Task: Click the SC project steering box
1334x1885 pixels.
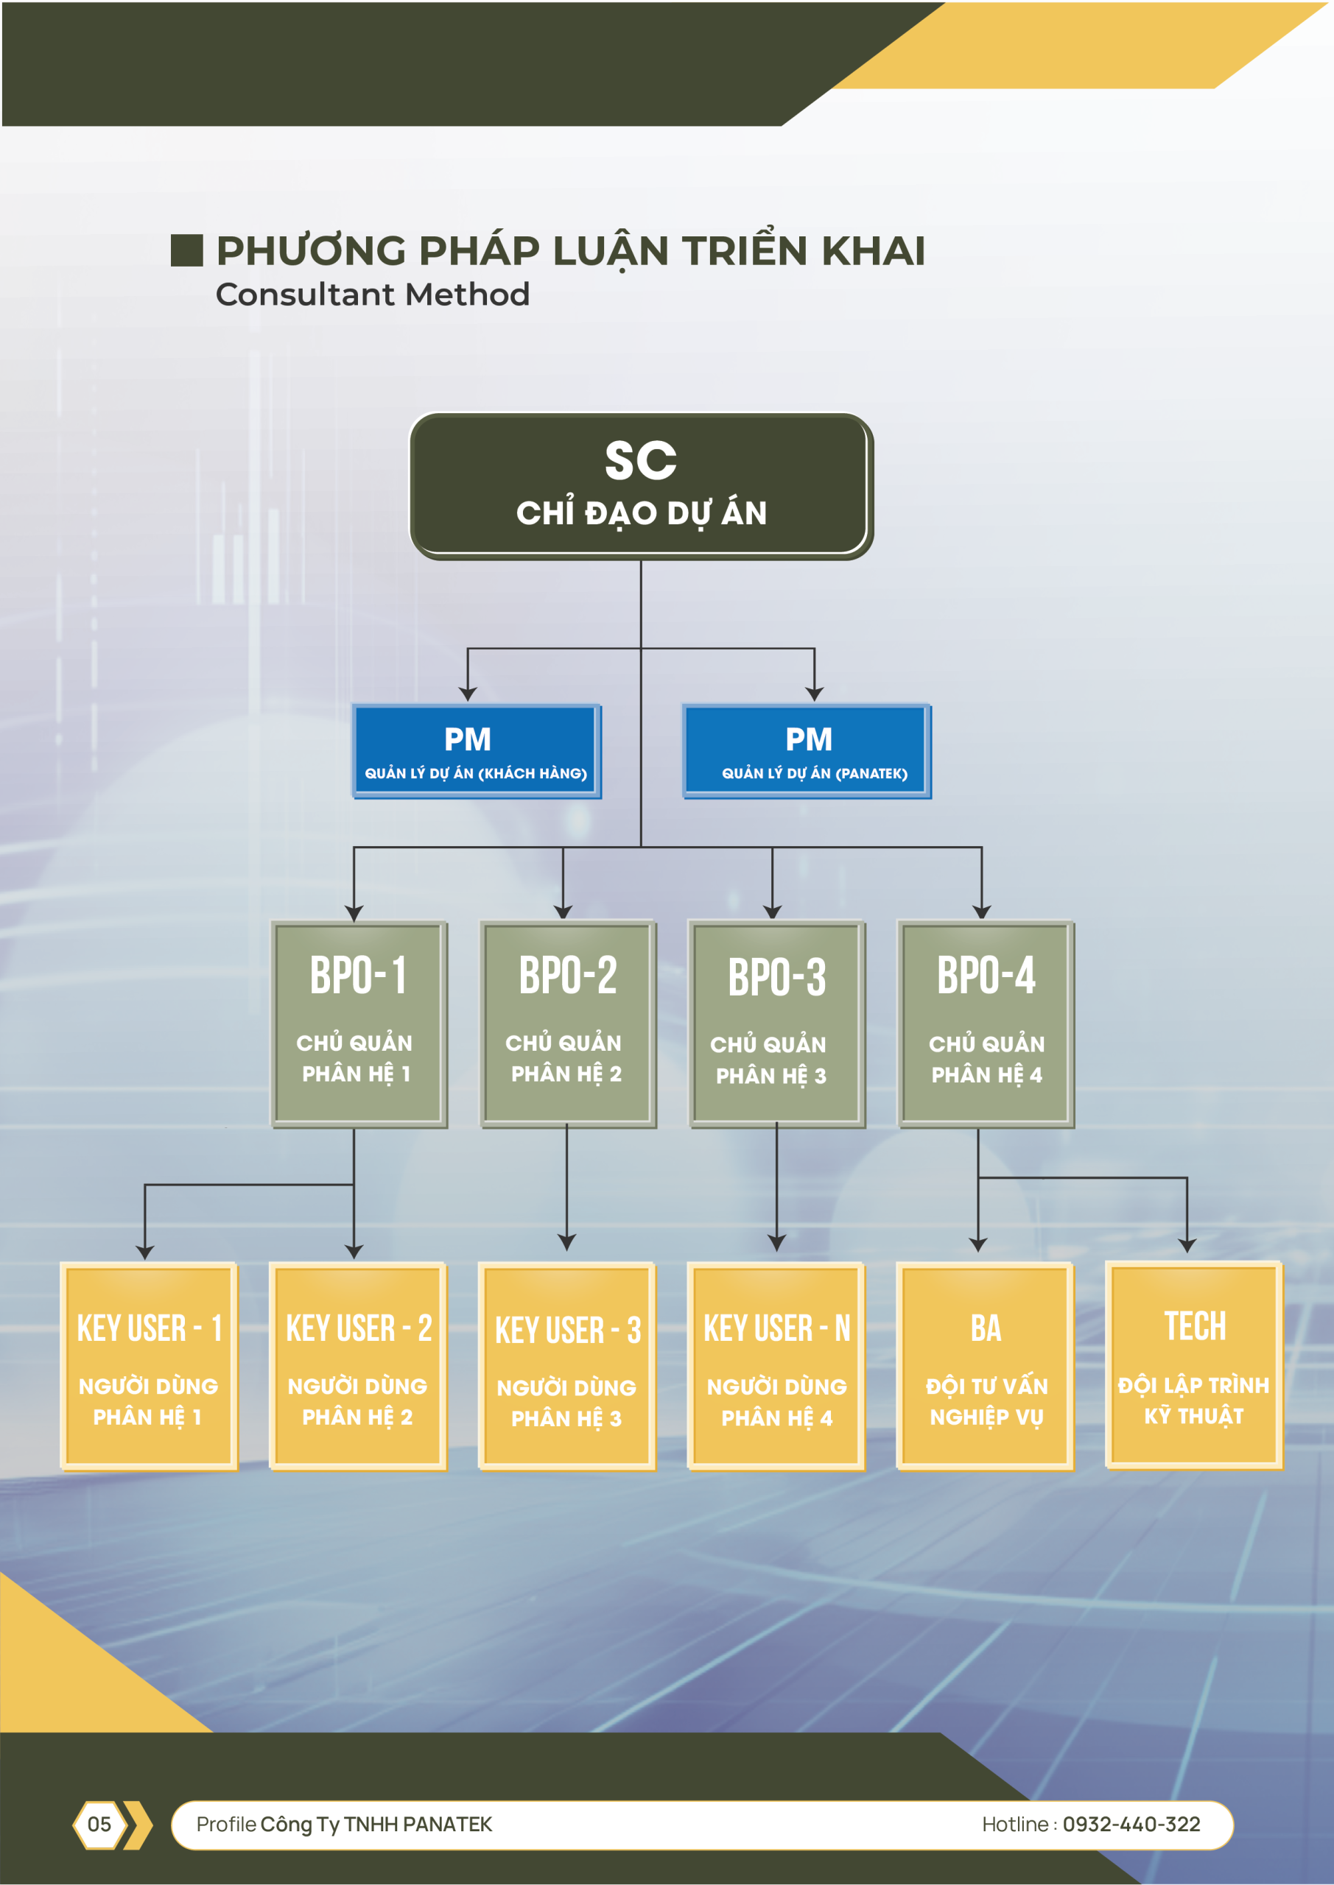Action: [641, 486]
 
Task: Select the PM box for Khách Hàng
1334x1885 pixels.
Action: [477, 751]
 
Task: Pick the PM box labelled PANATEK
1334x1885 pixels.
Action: [807, 751]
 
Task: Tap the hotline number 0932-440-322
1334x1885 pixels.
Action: [1131, 1824]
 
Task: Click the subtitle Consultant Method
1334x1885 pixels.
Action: [372, 295]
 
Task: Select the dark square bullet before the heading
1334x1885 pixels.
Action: [186, 250]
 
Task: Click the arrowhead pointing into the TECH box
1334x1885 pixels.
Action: [1187, 1245]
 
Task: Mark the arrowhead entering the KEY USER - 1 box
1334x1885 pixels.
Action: [145, 1252]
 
